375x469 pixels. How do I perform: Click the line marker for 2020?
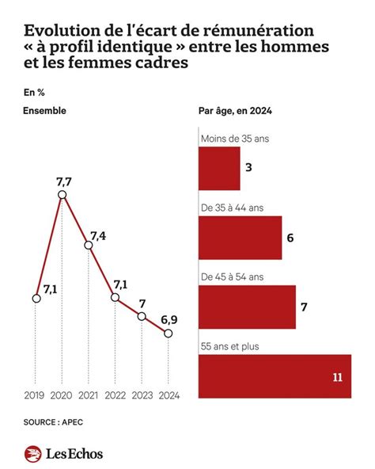click(62, 194)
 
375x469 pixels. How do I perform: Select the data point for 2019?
click(36, 298)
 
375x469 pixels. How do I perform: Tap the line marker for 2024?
click(168, 334)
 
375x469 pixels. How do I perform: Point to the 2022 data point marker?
click(116, 298)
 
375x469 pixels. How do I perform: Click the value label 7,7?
click(63, 181)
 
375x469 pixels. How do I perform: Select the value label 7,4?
click(99, 235)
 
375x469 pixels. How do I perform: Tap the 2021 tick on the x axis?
click(89, 394)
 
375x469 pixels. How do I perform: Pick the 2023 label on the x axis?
click(142, 394)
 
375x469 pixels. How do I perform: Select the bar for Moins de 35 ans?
click(218, 169)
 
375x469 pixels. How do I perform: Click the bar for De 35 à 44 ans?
click(240, 238)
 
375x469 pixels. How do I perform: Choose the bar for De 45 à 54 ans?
click(247, 307)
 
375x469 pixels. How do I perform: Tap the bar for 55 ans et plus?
click(274, 376)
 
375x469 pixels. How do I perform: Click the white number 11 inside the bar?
click(337, 377)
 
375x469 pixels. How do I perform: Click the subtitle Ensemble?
click(45, 111)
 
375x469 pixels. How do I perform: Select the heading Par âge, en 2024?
click(235, 111)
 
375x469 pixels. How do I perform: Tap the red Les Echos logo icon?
click(33, 454)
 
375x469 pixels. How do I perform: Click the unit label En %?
click(34, 90)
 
